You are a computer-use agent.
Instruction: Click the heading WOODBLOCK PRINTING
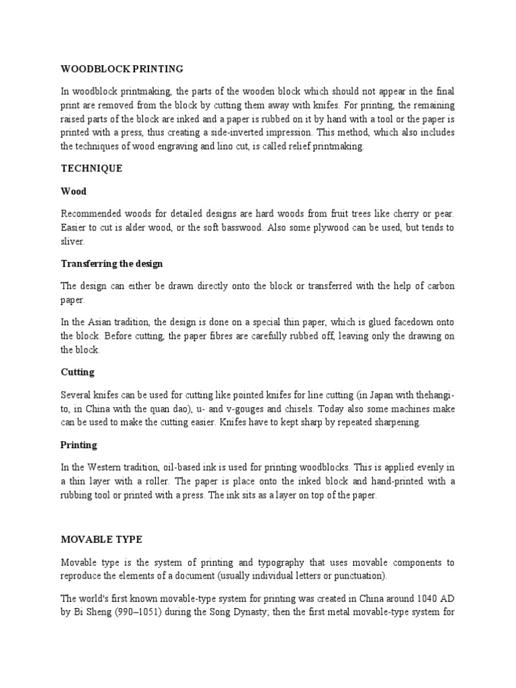[x=122, y=69]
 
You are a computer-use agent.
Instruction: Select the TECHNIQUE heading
[x=91, y=169]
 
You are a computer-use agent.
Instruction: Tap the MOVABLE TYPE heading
[x=101, y=540]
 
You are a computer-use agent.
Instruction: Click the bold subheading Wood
[x=73, y=191]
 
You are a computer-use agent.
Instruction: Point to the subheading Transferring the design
[x=112, y=263]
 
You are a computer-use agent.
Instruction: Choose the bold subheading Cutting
[x=77, y=372]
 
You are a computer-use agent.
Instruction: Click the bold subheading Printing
[x=79, y=445]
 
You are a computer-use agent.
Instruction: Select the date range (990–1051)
[x=135, y=613]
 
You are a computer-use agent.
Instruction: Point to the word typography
[x=291, y=562]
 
